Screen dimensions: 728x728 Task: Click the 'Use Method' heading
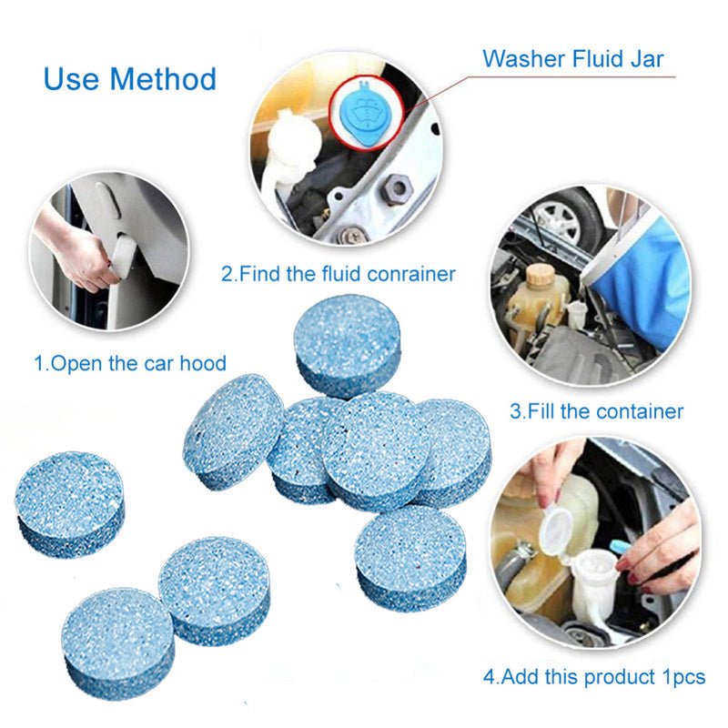click(130, 79)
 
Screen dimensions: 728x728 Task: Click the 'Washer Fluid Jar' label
click(572, 59)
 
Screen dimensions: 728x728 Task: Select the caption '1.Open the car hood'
click(130, 363)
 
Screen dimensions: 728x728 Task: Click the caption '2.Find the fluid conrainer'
click(338, 274)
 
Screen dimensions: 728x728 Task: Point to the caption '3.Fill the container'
click(596, 411)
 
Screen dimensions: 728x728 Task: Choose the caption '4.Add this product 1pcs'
click(594, 677)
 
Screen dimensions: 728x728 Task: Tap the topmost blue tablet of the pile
click(348, 342)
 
